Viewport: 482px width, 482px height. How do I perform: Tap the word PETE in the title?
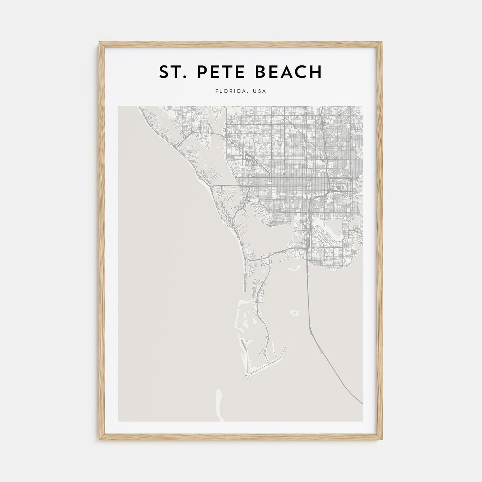coord(218,72)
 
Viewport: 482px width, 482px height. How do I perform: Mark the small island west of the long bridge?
coord(294,313)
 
